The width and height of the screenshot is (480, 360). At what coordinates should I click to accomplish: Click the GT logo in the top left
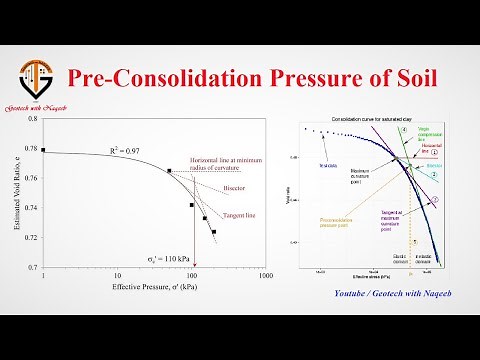37,77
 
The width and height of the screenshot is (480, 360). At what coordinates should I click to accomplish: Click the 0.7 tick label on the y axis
31,268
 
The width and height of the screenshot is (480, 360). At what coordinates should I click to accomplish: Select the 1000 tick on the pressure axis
265,276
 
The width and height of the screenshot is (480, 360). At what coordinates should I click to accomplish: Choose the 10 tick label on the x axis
117,276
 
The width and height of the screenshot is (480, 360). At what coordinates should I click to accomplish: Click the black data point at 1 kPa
44,149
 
